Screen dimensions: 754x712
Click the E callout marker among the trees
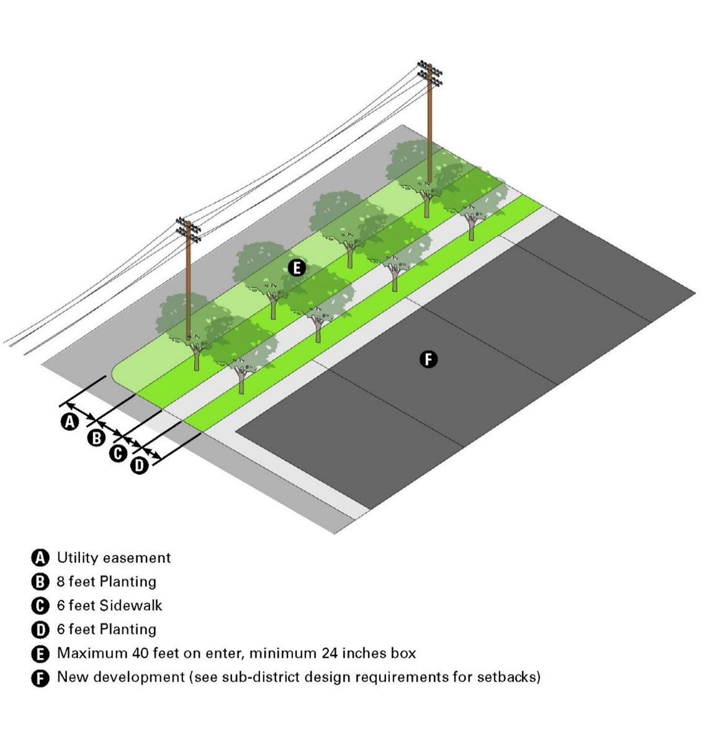297,268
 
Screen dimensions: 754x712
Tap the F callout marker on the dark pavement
428,359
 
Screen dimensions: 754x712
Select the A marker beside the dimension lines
70,422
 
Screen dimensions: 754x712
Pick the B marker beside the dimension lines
96,438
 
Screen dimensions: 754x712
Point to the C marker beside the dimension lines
118,453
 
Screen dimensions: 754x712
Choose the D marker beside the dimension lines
139,465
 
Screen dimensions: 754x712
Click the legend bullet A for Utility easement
40,558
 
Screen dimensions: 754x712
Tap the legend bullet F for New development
40,678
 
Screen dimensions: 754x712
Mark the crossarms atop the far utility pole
430,73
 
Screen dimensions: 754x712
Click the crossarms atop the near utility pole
188,229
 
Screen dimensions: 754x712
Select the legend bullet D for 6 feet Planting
40,630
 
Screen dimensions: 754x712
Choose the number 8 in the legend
61,582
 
